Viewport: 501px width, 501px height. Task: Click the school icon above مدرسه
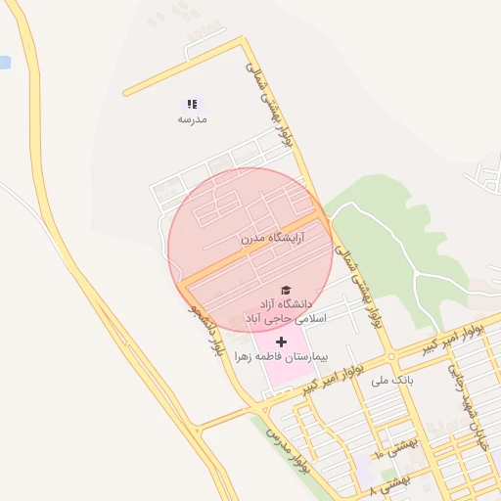(192, 103)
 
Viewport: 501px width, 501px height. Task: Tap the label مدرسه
(192, 119)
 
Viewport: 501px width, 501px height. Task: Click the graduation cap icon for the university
(286, 290)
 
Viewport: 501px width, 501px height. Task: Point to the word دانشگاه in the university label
(301, 304)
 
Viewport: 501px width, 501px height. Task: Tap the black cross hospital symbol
(282, 342)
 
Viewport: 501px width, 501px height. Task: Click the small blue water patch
(4, 62)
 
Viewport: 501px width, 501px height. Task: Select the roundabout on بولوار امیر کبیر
(391, 355)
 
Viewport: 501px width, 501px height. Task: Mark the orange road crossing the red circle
(250, 250)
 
